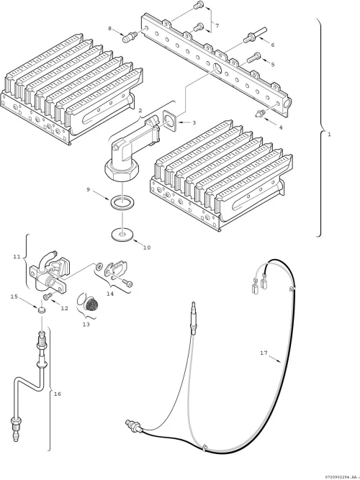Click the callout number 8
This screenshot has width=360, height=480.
coord(110,29)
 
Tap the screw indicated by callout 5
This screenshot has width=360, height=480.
coord(253,58)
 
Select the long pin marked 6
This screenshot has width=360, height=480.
coord(255,35)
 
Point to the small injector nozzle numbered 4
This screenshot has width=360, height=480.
coord(260,113)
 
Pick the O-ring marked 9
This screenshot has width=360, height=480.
coord(122,204)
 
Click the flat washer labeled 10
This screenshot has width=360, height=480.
coord(122,234)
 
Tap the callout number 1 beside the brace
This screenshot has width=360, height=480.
coord(329,134)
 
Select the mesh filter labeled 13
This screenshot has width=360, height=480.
coord(91,304)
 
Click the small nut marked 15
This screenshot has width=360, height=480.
coord(41,309)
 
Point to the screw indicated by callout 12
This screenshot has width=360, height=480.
coord(48,296)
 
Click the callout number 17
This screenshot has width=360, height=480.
coord(264,353)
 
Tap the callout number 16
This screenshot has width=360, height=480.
coord(58,394)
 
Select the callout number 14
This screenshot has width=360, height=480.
coord(110,294)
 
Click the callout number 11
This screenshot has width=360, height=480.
coord(17,256)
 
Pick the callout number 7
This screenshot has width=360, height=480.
coord(217,26)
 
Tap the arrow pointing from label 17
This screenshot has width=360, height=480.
coord(276,358)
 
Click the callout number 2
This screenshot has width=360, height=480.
coord(140,110)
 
